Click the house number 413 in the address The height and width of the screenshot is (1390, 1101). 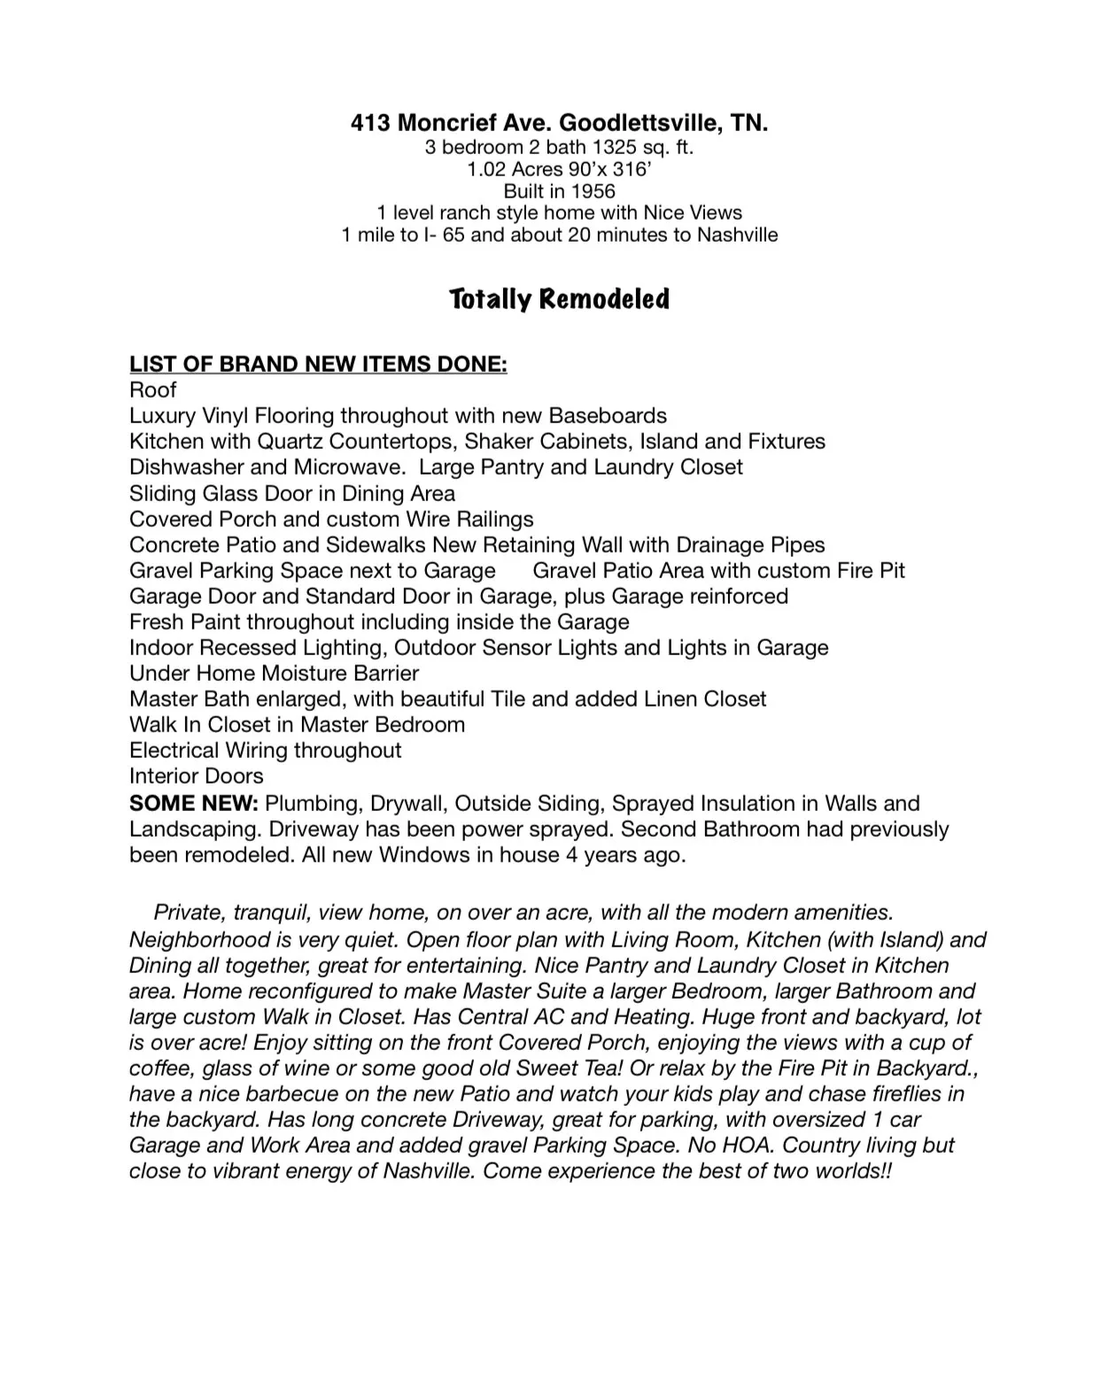[x=370, y=123]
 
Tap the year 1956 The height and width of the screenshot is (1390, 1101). [x=593, y=191]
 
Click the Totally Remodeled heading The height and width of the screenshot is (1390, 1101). [x=559, y=299]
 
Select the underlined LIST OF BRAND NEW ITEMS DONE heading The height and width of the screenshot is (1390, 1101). [x=318, y=365]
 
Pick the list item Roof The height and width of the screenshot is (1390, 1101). [x=152, y=390]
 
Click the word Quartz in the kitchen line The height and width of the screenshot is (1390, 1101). [x=292, y=442]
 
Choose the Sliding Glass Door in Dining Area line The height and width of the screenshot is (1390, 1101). [x=291, y=493]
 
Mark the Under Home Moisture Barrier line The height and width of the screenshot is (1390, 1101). [x=274, y=674]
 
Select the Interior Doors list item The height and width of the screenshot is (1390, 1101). [x=196, y=776]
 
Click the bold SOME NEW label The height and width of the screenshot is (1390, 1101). [x=193, y=804]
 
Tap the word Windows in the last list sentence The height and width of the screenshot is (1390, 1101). [x=424, y=855]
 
